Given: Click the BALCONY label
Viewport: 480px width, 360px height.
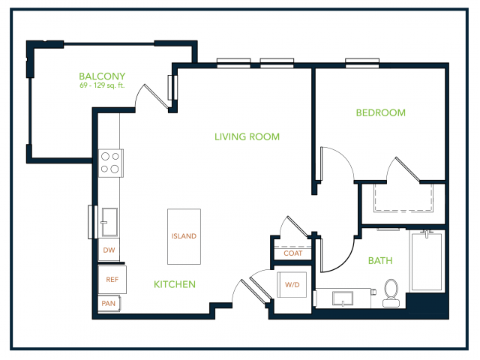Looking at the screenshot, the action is point(102,76).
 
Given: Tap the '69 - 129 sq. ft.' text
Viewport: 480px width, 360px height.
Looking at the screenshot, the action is point(102,85).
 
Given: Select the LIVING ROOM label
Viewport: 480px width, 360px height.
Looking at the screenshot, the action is point(247,136).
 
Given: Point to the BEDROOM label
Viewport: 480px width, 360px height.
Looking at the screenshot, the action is point(380,112).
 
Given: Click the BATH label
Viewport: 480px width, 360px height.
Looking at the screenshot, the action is point(380,260).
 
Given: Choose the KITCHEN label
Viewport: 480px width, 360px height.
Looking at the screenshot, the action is point(175,284).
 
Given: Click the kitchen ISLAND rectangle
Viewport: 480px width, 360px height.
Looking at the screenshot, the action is point(184,237).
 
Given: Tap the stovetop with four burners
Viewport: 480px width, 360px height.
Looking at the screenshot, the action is point(110,163).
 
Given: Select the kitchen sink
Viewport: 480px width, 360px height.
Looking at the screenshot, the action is point(109,222).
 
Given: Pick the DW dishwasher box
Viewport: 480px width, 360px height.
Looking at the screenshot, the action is point(109,250).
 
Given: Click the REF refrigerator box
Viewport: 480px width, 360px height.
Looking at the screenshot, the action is point(112,280).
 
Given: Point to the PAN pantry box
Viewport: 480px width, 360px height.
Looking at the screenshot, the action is point(109,303).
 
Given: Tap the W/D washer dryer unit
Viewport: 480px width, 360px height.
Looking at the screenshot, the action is point(292,285).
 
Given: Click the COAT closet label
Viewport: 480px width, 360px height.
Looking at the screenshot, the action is point(293,253).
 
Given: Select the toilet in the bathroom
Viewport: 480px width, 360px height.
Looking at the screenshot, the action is point(391,293).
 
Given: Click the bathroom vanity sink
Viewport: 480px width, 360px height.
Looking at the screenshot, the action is point(343,298).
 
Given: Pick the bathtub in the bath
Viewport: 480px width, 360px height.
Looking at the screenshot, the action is point(427,261).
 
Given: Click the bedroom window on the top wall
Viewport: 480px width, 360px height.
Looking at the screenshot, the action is point(362,62).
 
